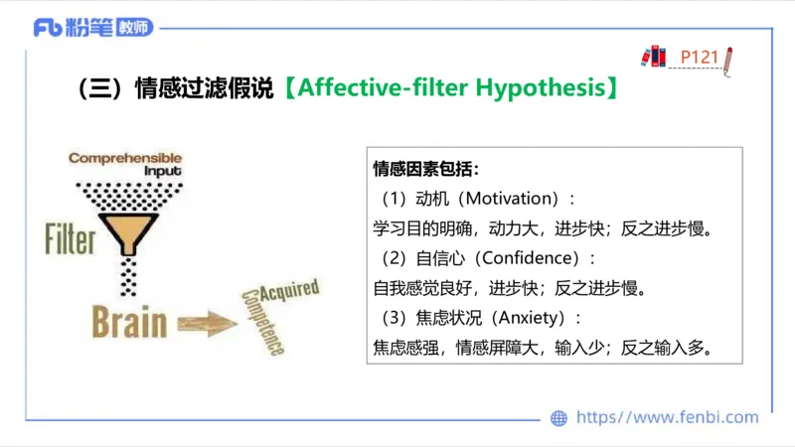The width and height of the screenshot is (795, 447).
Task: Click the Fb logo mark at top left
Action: (x=48, y=28)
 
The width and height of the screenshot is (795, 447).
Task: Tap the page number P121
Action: (x=699, y=57)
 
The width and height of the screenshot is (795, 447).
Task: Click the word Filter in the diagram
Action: (x=70, y=239)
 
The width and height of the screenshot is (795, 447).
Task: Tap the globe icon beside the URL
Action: (x=559, y=418)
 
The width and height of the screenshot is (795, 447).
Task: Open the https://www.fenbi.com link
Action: (x=667, y=417)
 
